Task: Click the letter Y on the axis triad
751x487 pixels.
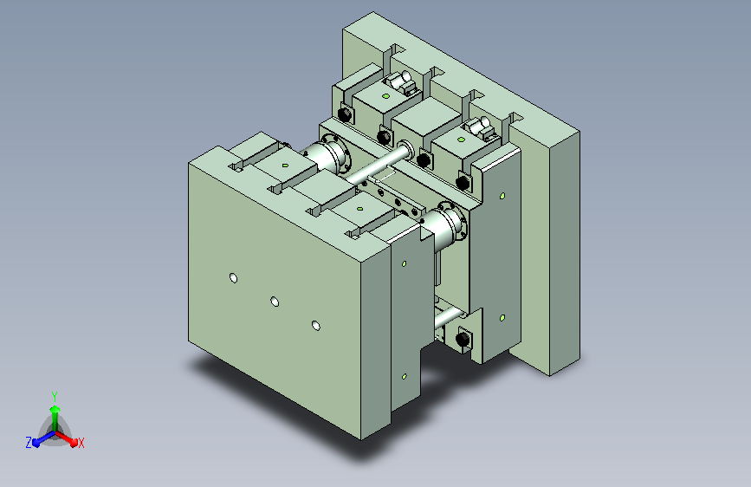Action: (55, 396)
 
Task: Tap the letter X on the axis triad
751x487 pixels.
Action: (81, 443)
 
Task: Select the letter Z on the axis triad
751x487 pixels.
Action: (29, 443)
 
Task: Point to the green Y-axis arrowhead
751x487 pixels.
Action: (55, 409)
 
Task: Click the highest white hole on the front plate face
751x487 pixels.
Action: (233, 278)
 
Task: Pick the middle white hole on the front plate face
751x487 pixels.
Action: (275, 302)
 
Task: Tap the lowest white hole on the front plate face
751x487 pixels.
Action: (315, 326)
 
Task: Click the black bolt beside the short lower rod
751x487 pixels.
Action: (463, 339)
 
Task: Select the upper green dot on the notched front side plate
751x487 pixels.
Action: (404, 263)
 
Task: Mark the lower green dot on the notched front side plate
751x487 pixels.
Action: (405, 377)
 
